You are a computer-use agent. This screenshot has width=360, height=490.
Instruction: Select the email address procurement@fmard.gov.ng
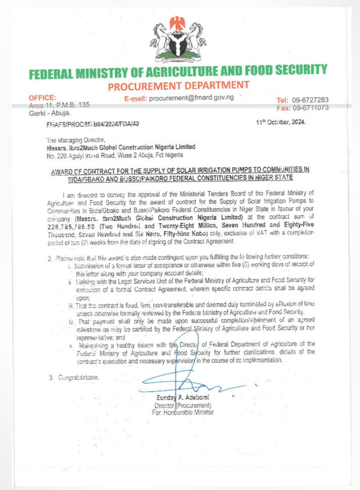tap(191, 97)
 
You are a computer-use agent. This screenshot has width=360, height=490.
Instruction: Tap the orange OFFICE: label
tap(42, 97)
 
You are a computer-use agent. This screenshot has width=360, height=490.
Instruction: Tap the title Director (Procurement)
tap(183, 405)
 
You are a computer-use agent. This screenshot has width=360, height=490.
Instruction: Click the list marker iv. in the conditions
tap(72, 320)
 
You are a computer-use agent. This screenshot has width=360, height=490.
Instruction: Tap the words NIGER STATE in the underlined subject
tap(272, 178)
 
